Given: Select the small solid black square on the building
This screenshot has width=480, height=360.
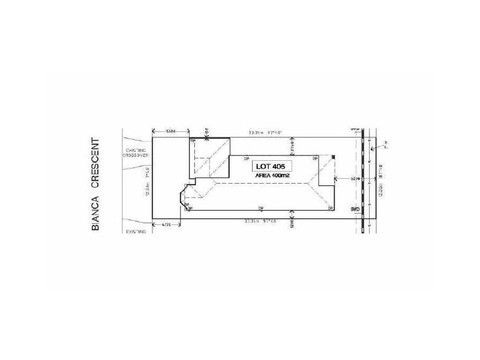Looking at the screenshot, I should [x=333, y=157].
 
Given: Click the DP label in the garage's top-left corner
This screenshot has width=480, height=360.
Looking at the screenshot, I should [x=193, y=142].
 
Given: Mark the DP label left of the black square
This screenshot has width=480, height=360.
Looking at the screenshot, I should [x=315, y=157].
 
